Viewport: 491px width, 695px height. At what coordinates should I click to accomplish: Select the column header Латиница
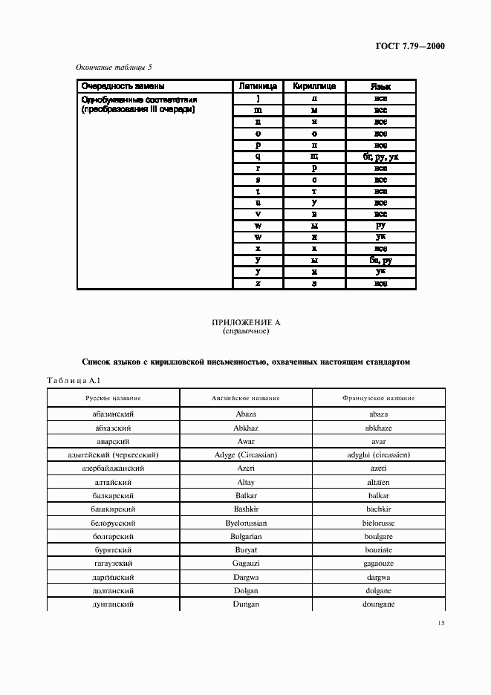coord(258,86)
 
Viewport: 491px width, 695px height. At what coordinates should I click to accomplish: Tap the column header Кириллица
coord(315,86)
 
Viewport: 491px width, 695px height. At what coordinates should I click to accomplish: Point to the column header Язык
coord(380,86)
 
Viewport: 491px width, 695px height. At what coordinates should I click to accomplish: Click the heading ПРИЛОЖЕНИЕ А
coord(245,322)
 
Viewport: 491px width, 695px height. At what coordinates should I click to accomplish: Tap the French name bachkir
coord(379,509)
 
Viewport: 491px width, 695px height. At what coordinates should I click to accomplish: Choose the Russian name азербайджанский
coord(113,469)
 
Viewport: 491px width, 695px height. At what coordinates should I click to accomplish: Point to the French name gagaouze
coord(379,564)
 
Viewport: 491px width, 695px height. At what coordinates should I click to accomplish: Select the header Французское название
coord(379,399)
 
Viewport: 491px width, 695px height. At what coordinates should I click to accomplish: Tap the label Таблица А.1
coord(68,380)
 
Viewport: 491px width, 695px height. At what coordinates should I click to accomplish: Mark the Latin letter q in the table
coord(258,157)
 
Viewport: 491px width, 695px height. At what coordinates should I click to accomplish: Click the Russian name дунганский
coord(113,605)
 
